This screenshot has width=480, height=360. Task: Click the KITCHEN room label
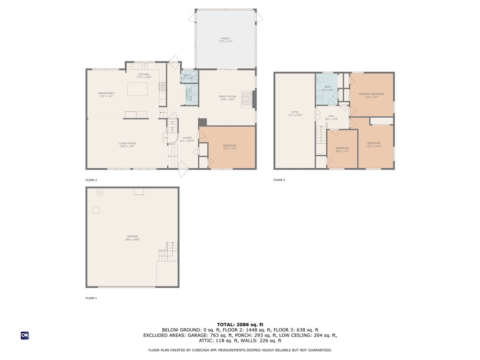click(x=143, y=75)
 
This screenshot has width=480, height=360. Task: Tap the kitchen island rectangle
click(x=137, y=89)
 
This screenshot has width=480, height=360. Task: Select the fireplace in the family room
click(x=248, y=99)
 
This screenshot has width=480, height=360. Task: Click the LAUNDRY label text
click(x=187, y=94)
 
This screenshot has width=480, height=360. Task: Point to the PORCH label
click(x=225, y=38)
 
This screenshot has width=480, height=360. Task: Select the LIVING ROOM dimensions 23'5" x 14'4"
click(x=127, y=146)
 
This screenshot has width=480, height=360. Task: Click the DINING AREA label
click(x=106, y=93)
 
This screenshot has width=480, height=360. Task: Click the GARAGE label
click(x=132, y=236)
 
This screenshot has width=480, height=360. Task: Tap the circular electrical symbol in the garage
click(x=99, y=193)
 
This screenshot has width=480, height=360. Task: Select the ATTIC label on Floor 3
click(x=295, y=112)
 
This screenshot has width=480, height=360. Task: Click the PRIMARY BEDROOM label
click(x=371, y=94)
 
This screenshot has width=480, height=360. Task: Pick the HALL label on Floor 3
click(x=331, y=116)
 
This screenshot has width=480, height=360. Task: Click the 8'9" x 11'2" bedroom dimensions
click(x=342, y=151)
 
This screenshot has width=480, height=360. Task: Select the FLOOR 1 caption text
click(x=91, y=298)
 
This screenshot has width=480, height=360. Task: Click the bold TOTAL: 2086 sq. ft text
click(x=240, y=324)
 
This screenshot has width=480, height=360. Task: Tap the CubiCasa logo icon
click(x=24, y=336)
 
